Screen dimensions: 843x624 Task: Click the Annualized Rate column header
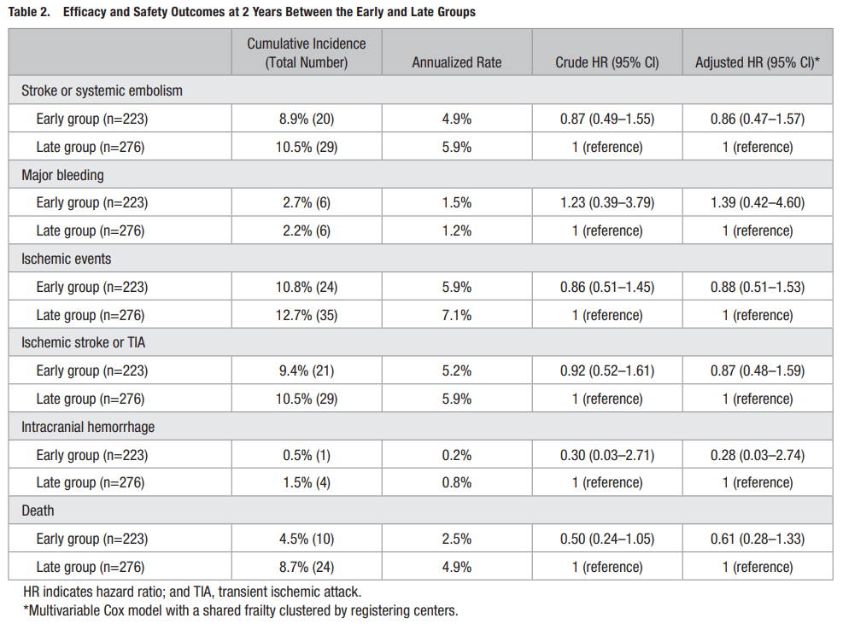click(456, 62)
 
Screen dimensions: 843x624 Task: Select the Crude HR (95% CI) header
click(607, 62)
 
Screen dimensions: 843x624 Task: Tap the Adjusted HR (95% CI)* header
click(757, 62)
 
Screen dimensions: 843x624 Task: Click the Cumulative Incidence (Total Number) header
click(307, 53)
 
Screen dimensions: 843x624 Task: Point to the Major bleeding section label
click(62, 175)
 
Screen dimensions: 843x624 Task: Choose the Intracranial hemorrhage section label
click(88, 427)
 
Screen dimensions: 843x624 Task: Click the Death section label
click(38, 510)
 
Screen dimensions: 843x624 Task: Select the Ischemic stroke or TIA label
click(84, 342)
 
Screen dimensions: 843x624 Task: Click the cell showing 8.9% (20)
click(307, 119)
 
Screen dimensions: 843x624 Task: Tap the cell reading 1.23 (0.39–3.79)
click(607, 202)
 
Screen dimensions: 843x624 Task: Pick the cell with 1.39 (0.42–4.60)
click(758, 202)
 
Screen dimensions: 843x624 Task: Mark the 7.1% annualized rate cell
click(456, 314)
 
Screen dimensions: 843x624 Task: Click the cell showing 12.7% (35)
click(307, 314)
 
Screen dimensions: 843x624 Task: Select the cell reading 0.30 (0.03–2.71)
click(607, 455)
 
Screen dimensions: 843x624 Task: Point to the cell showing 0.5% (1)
click(307, 455)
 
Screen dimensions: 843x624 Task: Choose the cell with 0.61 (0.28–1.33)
click(758, 539)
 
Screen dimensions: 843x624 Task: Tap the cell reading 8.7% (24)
click(307, 567)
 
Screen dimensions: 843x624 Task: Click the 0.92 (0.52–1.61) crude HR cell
click(607, 370)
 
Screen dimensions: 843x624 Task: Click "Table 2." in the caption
click(30, 12)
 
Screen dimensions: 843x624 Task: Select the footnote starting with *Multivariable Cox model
click(240, 610)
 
